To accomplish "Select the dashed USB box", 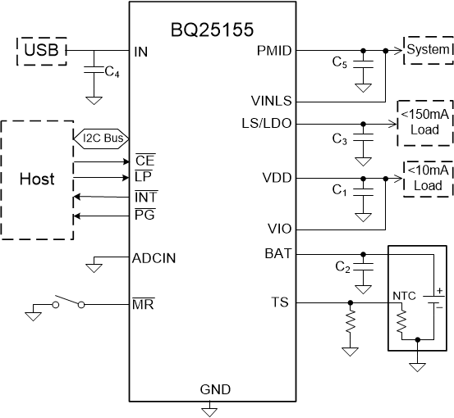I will click(x=41, y=52).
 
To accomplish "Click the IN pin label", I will click(x=141, y=51).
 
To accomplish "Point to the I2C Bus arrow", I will click(x=102, y=138).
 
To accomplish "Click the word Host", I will click(x=36, y=179).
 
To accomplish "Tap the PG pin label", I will click(x=144, y=216).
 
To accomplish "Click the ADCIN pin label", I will click(x=154, y=258).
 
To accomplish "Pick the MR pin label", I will click(x=143, y=304).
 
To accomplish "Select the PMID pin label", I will click(x=273, y=51).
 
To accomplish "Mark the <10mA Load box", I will click(x=424, y=177).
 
